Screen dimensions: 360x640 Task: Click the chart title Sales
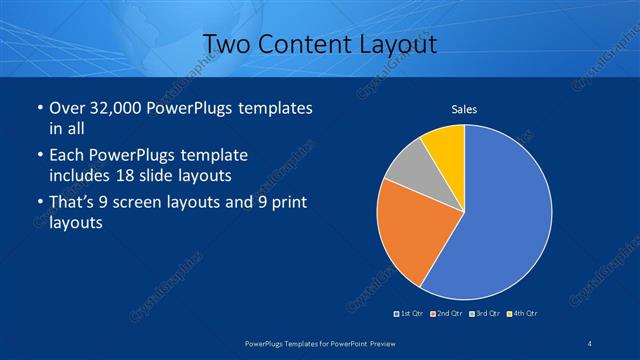464,108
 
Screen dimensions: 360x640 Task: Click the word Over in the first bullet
65,108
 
